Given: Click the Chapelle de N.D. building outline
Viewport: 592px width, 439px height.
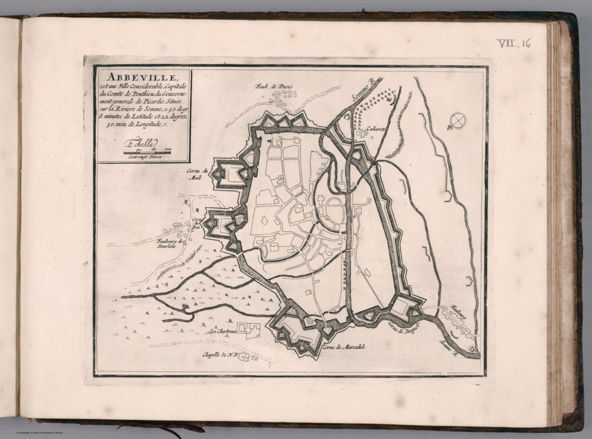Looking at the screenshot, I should click(246, 357).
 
